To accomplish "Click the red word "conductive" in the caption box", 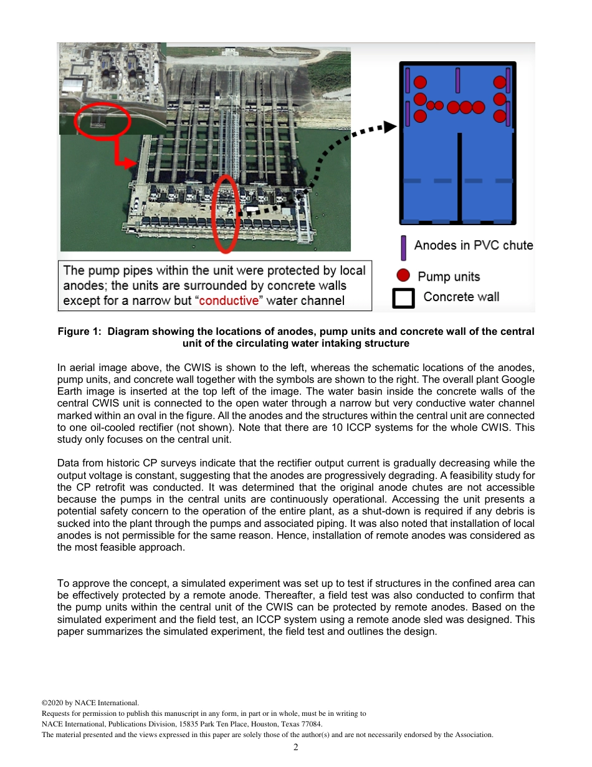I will click(x=228, y=301).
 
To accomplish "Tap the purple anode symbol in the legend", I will click(x=404, y=248).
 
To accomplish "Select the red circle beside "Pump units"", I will click(x=404, y=276).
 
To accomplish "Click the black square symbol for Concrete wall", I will click(x=404, y=298).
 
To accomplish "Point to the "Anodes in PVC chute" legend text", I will click(x=474, y=246).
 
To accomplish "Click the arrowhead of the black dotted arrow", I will click(x=391, y=127).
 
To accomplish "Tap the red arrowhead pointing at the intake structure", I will click(x=131, y=164).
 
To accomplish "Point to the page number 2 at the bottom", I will click(x=296, y=747).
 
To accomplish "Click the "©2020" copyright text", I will click(x=52, y=702).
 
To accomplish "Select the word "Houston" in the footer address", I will click(x=252, y=724).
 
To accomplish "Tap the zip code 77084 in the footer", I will click(x=312, y=724).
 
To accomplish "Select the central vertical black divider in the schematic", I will click(x=459, y=178).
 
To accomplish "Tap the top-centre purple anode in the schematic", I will click(x=458, y=80).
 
